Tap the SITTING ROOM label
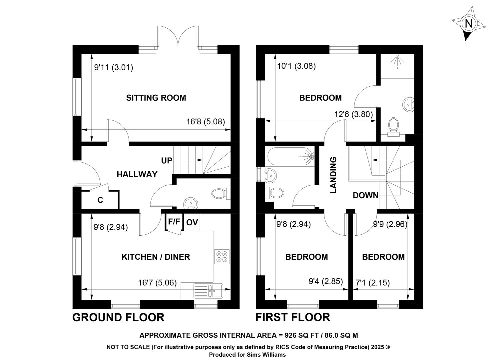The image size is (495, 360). [156, 98]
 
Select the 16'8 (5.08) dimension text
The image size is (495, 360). [206, 122]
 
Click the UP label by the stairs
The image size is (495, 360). [167, 161]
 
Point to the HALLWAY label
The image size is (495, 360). [137, 174]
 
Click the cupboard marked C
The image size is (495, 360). [100, 200]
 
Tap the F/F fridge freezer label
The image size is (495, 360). [174, 222]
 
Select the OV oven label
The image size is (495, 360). [192, 222]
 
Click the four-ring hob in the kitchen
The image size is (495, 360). [222, 257]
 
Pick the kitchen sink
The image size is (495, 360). [209, 291]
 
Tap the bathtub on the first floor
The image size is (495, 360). [291, 156]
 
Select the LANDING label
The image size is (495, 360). [333, 175]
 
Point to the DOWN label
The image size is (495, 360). [365, 195]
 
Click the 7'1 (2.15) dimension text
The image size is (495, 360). [372, 283]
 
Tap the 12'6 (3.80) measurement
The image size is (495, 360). [353, 114]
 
